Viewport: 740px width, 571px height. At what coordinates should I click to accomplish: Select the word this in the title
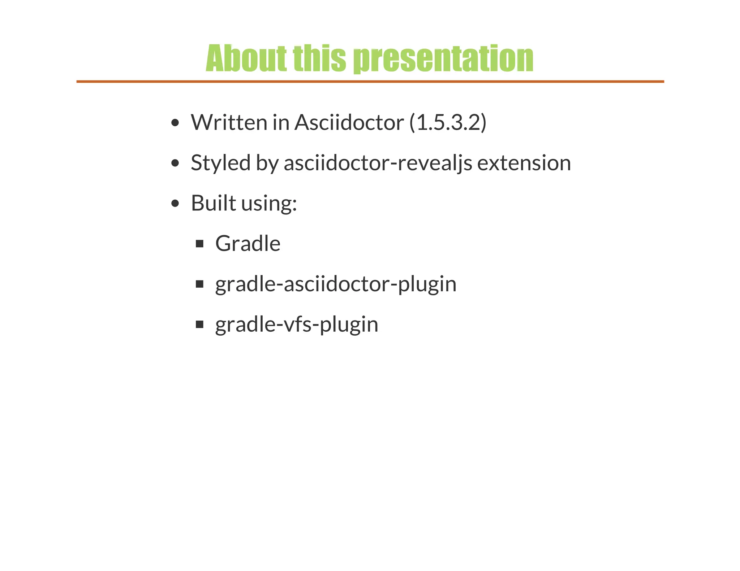tap(319, 58)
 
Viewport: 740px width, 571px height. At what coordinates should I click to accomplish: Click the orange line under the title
tap(370, 82)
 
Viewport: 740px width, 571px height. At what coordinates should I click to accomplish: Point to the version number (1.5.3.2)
tap(448, 122)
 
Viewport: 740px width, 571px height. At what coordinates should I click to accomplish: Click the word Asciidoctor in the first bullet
tap(349, 122)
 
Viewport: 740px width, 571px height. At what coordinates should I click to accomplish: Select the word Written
tap(229, 122)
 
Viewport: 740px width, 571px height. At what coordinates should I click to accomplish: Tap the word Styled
tap(220, 163)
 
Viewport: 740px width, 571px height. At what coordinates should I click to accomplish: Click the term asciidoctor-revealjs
tap(378, 163)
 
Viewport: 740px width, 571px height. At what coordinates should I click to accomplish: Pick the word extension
tap(524, 163)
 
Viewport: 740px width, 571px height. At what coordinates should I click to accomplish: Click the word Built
tap(213, 203)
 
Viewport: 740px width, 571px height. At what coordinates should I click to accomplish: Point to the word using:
tap(269, 204)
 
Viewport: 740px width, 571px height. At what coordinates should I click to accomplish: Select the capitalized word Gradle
tap(248, 244)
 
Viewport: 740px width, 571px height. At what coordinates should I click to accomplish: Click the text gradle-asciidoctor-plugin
tap(336, 284)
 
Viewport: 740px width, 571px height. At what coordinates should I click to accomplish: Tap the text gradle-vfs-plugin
tap(297, 324)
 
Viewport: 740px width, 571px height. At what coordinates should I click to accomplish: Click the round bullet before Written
tap(175, 123)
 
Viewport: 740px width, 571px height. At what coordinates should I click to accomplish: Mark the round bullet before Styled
tap(175, 163)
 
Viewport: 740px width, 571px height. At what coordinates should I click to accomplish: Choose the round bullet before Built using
tap(175, 204)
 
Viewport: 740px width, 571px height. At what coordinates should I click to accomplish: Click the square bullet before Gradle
tap(199, 244)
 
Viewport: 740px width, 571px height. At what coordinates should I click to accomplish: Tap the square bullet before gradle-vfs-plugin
tap(199, 324)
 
